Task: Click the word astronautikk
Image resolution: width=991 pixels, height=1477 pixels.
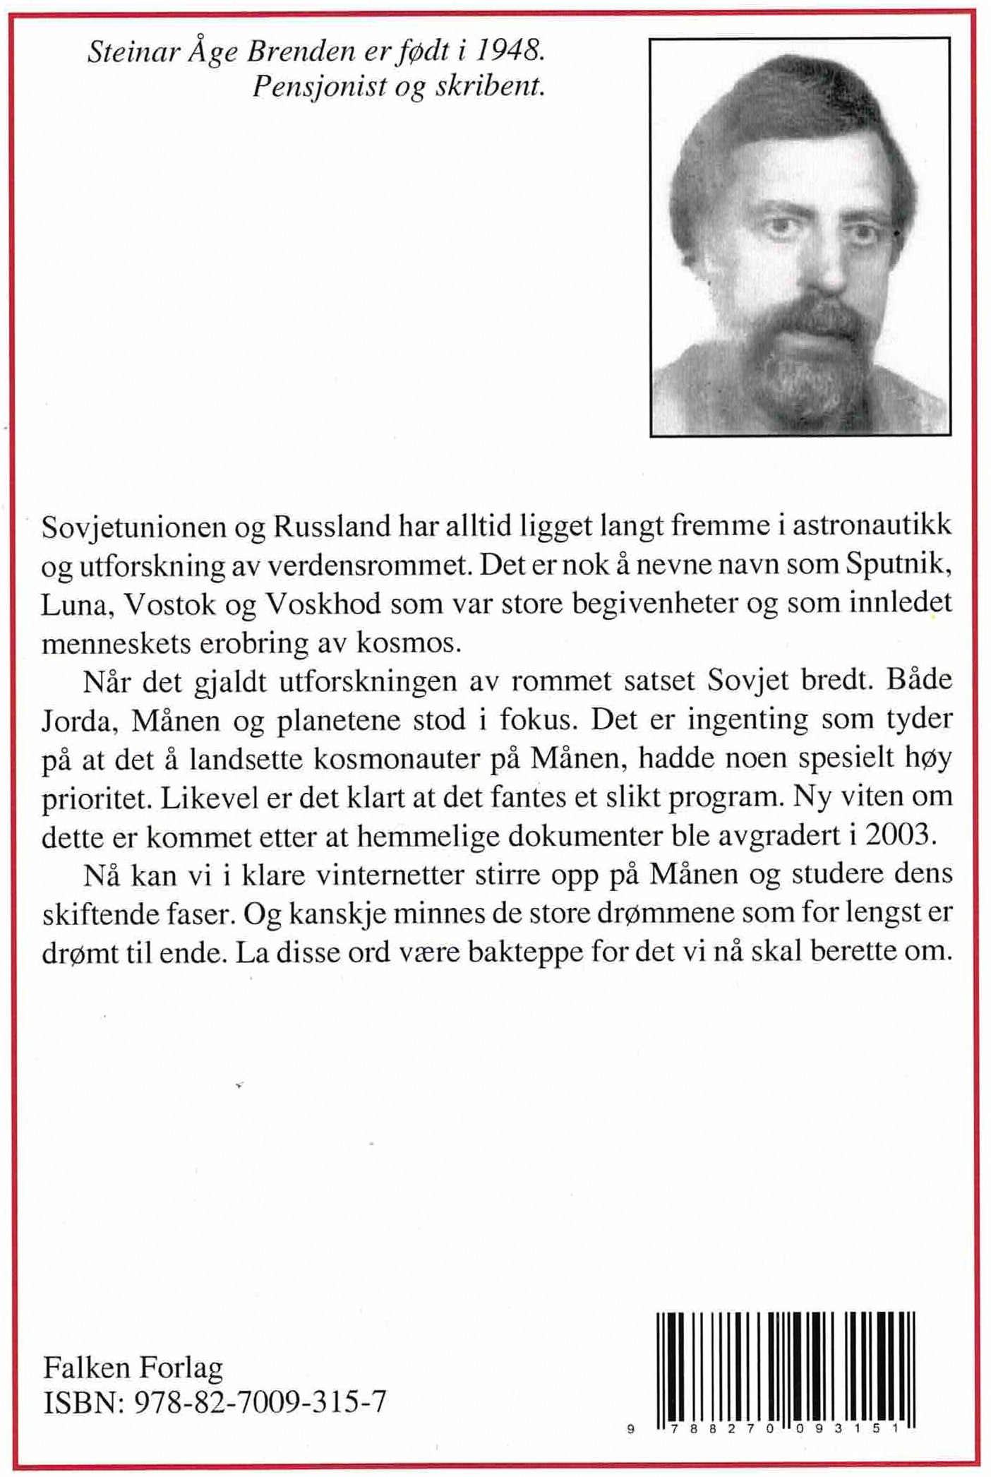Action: point(872,526)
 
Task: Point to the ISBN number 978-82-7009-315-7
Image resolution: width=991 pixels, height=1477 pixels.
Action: point(259,1401)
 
